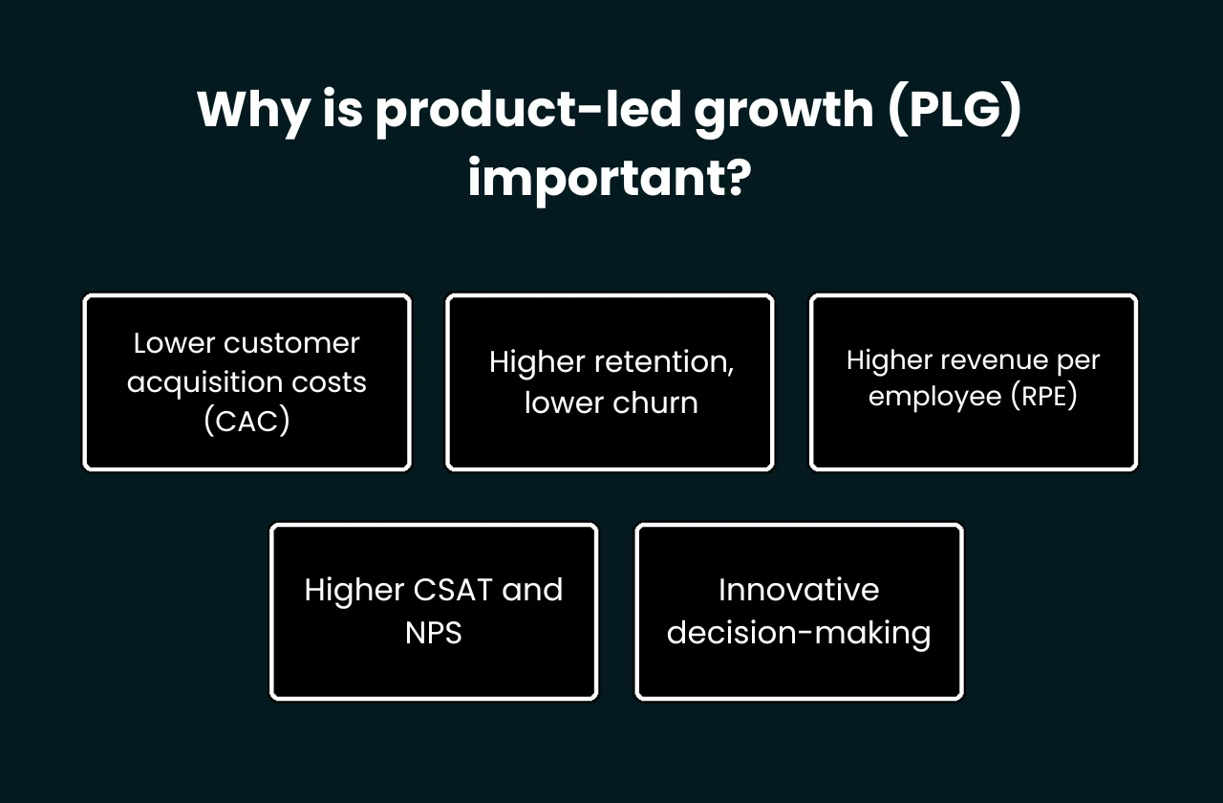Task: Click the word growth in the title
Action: click(783, 111)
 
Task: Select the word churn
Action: click(654, 402)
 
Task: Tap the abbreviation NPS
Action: click(434, 632)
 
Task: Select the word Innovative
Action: click(799, 590)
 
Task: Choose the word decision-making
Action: click(799, 632)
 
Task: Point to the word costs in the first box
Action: click(330, 382)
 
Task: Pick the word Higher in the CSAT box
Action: click(354, 590)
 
